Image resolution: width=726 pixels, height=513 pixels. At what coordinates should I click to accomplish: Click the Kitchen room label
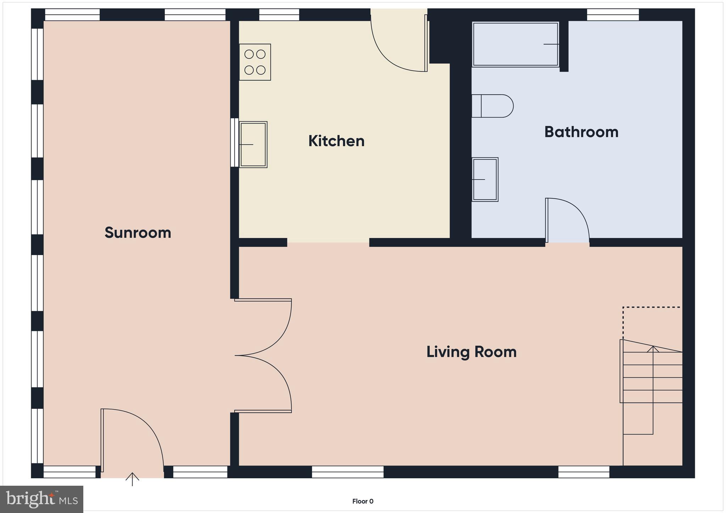(336, 141)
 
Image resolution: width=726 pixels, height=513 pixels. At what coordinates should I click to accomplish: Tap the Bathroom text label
(581, 132)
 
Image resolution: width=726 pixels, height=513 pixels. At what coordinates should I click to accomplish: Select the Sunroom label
(138, 233)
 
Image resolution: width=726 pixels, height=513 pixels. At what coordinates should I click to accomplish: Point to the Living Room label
(471, 352)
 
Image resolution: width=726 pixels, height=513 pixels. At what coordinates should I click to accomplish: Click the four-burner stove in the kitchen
(255, 62)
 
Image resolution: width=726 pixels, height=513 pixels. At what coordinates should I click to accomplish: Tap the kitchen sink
(253, 145)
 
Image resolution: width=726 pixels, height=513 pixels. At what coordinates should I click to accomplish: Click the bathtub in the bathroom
(515, 44)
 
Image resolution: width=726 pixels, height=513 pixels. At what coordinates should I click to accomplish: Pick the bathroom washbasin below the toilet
(485, 180)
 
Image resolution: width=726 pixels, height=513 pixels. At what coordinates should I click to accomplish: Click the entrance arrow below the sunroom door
(132, 479)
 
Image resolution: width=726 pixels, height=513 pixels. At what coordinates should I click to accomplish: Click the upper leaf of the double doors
(269, 328)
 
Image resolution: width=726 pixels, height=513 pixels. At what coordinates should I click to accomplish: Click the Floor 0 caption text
(363, 501)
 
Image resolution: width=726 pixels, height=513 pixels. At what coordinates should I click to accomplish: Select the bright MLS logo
(42, 499)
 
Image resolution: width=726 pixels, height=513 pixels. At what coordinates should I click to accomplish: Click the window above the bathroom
(613, 15)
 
